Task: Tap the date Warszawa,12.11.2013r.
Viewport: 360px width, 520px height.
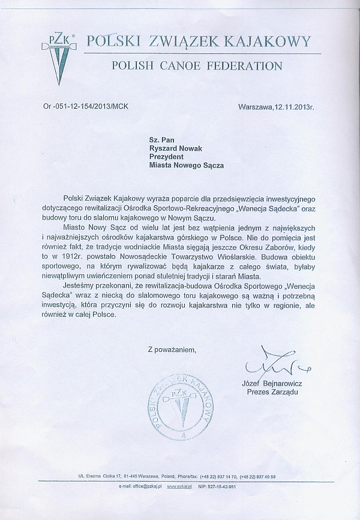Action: click(x=280, y=106)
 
